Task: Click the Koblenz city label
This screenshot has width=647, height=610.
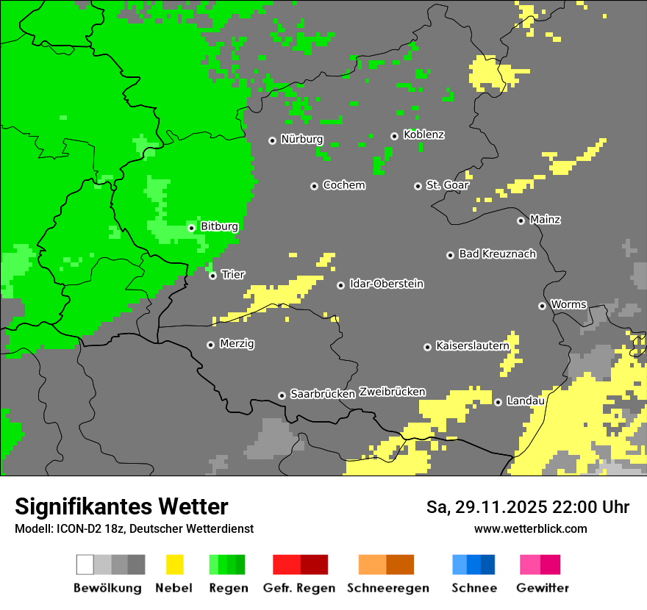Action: (423, 134)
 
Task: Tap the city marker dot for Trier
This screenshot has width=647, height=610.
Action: (212, 276)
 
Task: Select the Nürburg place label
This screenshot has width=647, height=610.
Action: (302, 139)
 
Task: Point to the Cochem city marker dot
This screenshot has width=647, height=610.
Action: (314, 186)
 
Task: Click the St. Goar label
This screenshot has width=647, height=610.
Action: (447, 185)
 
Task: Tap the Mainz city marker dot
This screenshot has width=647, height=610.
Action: (521, 220)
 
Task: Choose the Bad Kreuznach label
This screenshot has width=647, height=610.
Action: (497, 254)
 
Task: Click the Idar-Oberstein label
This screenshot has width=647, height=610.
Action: (387, 284)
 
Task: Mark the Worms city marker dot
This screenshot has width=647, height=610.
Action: (542, 306)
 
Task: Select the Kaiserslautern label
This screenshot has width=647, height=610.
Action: (472, 345)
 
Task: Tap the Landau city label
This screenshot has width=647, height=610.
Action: (526, 401)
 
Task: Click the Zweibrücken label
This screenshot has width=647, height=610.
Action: (392, 392)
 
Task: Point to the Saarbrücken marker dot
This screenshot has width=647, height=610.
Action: (282, 395)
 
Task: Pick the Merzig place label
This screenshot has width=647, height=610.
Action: (237, 344)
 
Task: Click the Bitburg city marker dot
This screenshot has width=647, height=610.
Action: (191, 228)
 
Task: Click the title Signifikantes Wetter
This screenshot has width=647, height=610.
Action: (121, 507)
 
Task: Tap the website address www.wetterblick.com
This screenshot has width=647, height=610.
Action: (530, 528)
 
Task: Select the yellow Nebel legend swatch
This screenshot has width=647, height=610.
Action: (174, 564)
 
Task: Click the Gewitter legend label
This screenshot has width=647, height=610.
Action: (543, 588)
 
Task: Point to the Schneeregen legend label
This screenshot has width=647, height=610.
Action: (387, 588)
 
